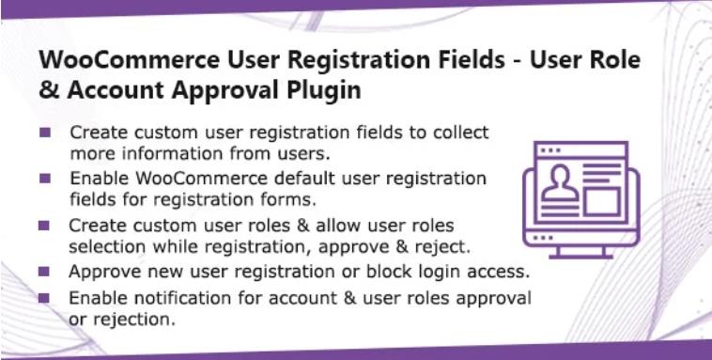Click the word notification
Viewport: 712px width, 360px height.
pos(177,297)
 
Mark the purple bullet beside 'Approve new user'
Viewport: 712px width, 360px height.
pos(44,272)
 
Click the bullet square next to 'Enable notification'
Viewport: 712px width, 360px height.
pos(44,298)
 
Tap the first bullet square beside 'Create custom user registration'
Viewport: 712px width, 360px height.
pos(44,132)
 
